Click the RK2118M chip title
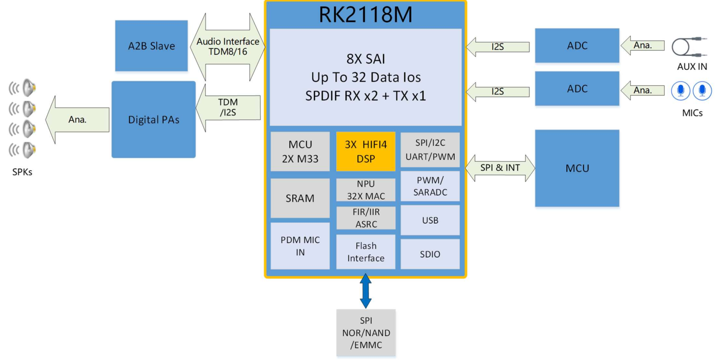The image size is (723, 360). [x=365, y=15]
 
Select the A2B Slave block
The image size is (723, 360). [x=151, y=46]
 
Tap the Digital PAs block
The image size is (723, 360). [x=153, y=120]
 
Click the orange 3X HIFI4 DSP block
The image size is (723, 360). [x=366, y=151]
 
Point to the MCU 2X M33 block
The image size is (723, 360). [x=300, y=151]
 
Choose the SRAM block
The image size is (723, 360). [x=300, y=198]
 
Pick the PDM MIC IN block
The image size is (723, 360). [x=300, y=246]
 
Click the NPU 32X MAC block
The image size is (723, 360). [x=366, y=190]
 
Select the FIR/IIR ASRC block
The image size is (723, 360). [x=366, y=218]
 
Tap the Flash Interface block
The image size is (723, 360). [x=366, y=252]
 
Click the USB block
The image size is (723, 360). [x=430, y=220]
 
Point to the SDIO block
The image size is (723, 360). [x=430, y=254]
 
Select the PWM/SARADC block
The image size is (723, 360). [x=430, y=186]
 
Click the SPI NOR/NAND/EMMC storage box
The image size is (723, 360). [x=366, y=333]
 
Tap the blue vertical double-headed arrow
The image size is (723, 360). [x=366, y=291]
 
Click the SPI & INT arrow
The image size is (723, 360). [x=500, y=168]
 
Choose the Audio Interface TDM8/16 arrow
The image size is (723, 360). [x=227, y=46]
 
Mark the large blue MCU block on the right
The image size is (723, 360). [x=577, y=168]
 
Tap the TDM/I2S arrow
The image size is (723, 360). [x=228, y=108]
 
